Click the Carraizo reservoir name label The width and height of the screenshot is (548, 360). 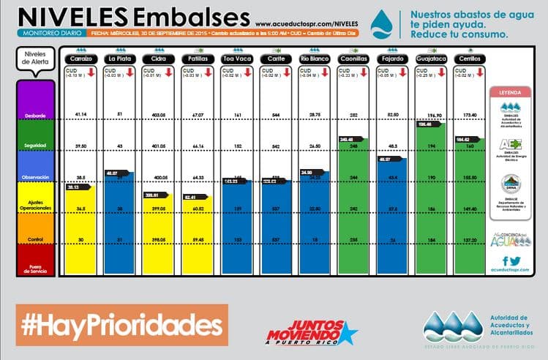click(82, 58)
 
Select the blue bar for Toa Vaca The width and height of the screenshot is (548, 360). click(237, 227)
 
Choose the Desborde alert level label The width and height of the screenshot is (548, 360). click(36, 115)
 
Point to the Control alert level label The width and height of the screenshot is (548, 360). click(36, 239)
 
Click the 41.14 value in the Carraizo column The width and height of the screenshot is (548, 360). click(82, 115)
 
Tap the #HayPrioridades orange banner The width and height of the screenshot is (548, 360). click(121, 325)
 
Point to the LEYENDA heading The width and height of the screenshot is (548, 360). click(510, 94)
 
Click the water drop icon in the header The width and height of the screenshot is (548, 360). click(381, 24)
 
